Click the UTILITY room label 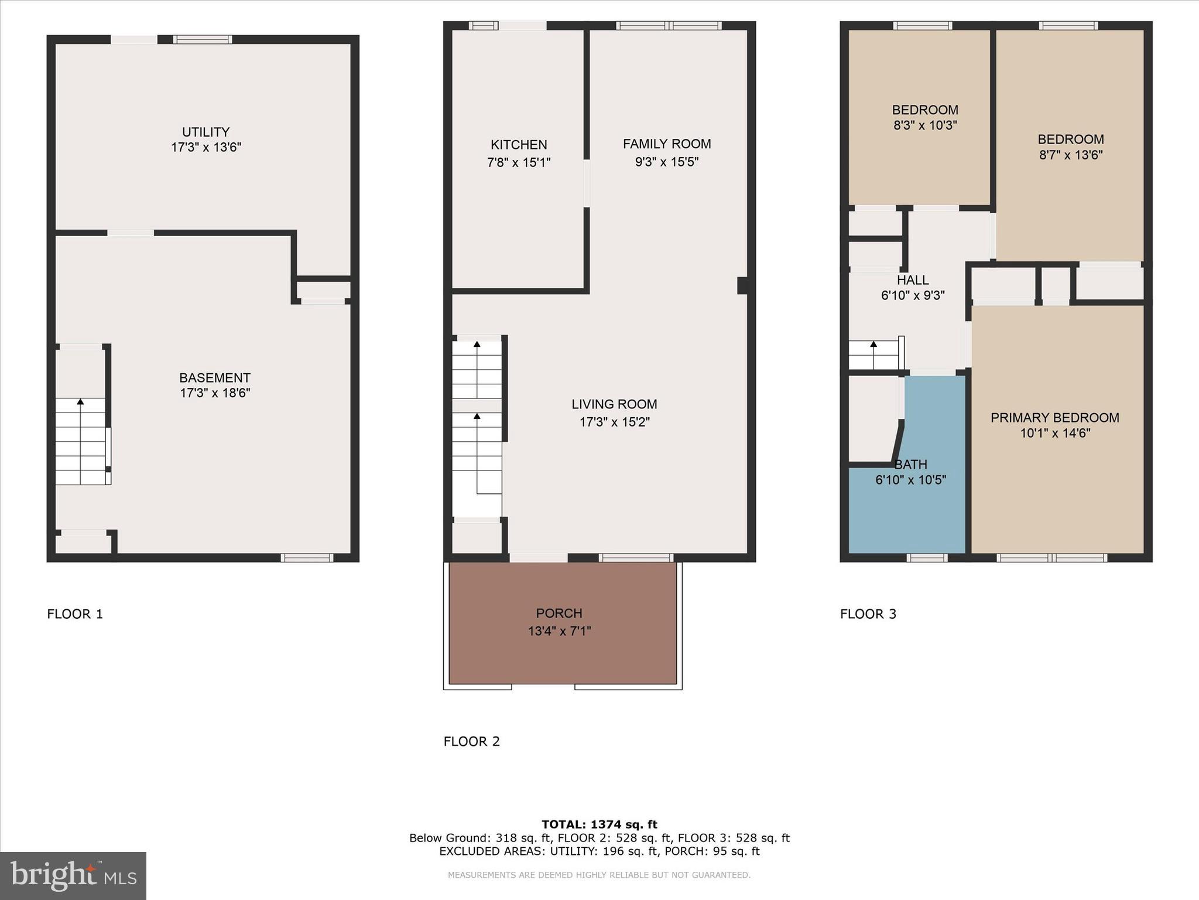coord(205,132)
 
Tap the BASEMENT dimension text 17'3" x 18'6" coord(215,393)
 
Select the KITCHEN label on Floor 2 coord(519,145)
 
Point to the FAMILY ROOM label coord(667,144)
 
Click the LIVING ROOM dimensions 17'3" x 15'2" coord(615,422)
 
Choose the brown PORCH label coord(559,613)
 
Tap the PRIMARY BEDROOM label coord(1054,418)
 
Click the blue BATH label coord(911,465)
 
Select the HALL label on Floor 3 coord(913,280)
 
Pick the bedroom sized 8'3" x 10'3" coord(925,117)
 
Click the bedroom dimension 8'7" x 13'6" coord(1071,155)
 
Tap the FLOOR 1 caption coord(75,614)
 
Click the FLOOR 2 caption coord(471,742)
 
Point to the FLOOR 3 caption coord(868,614)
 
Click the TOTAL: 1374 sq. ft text coord(599,824)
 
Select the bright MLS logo coord(73,876)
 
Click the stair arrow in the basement coord(80,402)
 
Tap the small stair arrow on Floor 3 coord(873,345)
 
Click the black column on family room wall coord(742,285)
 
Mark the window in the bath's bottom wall coord(927,558)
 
